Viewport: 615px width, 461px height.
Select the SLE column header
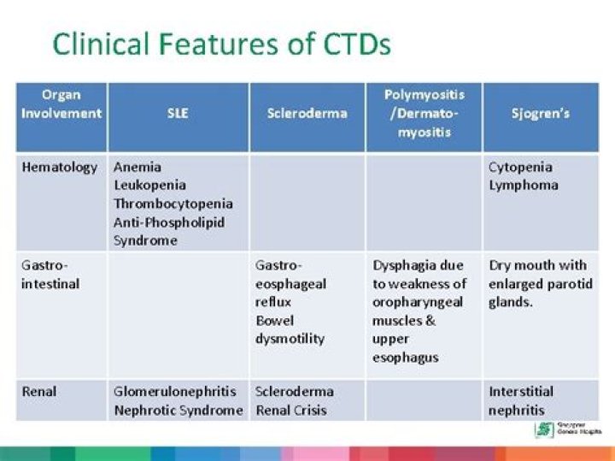point(178,113)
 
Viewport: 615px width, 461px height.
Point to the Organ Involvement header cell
point(61,103)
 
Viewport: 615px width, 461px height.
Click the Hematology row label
point(59,167)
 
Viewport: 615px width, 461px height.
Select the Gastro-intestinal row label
point(49,274)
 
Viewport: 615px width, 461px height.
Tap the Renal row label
point(38,391)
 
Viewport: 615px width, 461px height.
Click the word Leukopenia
point(149,185)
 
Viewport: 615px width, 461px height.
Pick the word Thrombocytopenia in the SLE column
point(173,204)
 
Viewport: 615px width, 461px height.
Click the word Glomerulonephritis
point(174,391)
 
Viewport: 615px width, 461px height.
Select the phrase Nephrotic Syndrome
point(178,410)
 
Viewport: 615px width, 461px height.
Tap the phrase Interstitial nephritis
point(520,400)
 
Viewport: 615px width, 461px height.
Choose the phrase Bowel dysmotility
point(290,329)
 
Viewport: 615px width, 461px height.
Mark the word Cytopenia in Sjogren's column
point(520,167)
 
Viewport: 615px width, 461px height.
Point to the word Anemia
point(137,167)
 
